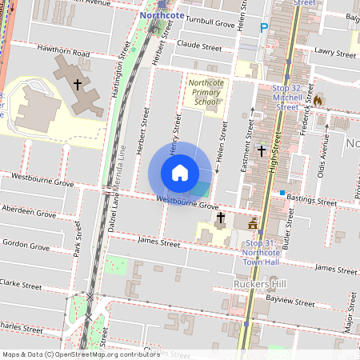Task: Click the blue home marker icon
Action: (x=180, y=173)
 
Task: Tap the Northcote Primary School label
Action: (x=203, y=92)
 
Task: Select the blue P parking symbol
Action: (x=263, y=29)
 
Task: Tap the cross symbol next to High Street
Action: (x=261, y=150)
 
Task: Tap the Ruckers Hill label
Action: (x=258, y=284)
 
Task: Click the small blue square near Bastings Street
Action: (x=282, y=192)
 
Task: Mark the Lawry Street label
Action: (x=334, y=54)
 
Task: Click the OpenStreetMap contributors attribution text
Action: (x=80, y=354)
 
